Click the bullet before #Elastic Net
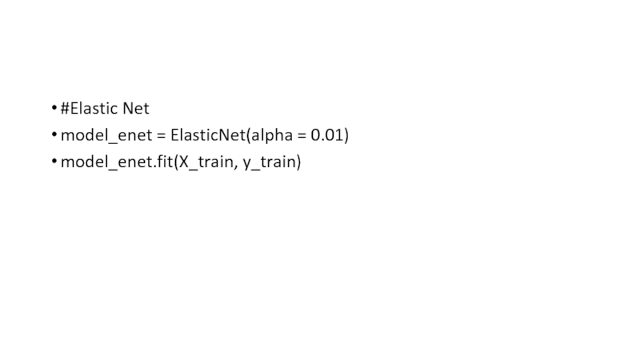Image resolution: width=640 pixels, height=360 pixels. coord(53,109)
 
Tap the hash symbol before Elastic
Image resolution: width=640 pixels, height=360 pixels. coord(66,108)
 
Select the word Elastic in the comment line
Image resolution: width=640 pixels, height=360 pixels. coord(94,108)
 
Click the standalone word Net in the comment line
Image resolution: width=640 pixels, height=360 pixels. coord(136,108)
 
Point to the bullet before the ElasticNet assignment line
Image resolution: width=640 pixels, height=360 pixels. coord(53,136)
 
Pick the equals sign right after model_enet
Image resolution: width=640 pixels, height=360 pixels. coord(162,136)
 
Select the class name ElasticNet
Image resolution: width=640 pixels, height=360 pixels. coord(207,135)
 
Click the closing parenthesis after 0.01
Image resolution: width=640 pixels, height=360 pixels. coord(346,136)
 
